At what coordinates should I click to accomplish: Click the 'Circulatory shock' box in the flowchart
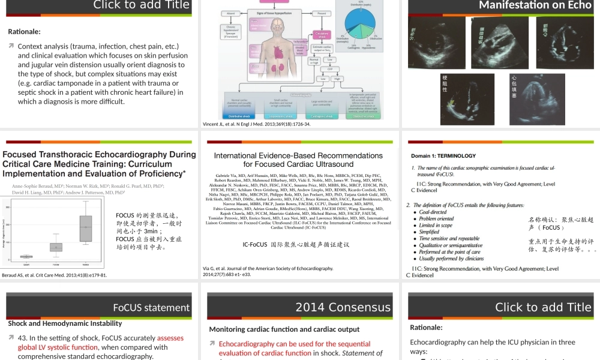[x=323, y=36]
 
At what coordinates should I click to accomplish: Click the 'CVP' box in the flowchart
[x=329, y=69]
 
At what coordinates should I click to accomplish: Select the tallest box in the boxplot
[x=86, y=229]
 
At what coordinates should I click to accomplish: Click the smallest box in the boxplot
[x=26, y=256]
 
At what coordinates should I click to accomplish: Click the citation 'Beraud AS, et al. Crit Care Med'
[x=55, y=275]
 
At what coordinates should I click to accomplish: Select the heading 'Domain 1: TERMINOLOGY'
[x=443, y=156]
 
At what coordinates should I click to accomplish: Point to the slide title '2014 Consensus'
[x=343, y=307]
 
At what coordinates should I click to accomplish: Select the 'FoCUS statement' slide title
[x=151, y=308]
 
